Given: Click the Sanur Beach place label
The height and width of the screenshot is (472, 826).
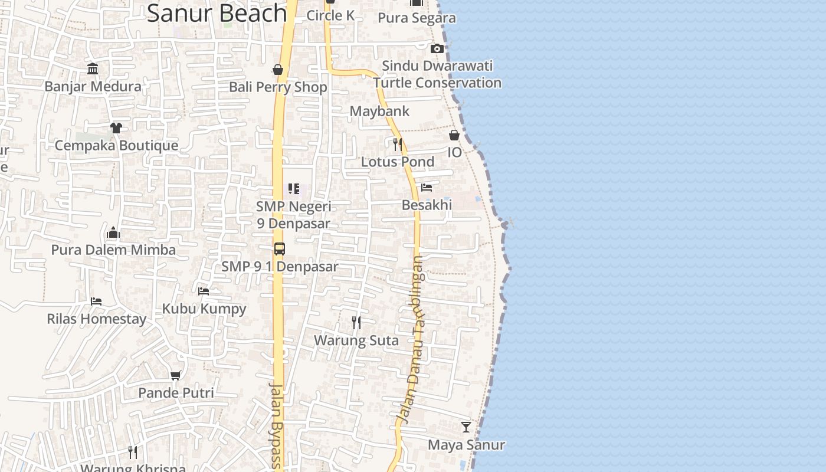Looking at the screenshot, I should (x=217, y=13).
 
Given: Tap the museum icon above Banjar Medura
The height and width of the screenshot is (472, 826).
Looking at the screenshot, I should (x=93, y=69).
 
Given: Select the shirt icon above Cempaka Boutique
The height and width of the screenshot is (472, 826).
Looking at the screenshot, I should (x=116, y=127).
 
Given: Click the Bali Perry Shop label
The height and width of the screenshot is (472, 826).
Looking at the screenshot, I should (x=278, y=87).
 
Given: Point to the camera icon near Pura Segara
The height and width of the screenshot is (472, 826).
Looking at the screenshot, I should (x=437, y=48).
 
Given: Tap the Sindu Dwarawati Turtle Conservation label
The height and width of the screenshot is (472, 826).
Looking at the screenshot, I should (x=437, y=74).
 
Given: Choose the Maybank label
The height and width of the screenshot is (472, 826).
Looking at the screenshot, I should (x=379, y=111).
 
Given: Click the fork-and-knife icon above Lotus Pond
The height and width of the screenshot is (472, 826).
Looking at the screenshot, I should (x=398, y=144).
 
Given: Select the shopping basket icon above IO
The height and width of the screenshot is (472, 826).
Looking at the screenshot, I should (x=454, y=135).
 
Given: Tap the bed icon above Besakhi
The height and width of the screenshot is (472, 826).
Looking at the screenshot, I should (x=427, y=188).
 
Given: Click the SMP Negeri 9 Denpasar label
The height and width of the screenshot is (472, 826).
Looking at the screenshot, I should (x=294, y=215).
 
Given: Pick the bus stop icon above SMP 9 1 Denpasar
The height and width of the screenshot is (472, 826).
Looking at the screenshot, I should (x=280, y=248).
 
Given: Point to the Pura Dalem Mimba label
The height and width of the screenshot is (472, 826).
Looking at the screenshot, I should (x=113, y=250).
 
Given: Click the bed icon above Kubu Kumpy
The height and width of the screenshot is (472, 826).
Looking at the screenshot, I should (x=204, y=291).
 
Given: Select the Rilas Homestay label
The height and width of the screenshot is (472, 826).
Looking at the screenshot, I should (x=97, y=319).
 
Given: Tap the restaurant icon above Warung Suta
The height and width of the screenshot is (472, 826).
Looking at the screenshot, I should (x=356, y=322).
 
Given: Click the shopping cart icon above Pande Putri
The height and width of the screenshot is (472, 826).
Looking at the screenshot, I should (x=176, y=375).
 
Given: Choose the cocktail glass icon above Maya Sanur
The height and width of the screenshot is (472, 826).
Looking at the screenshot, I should (x=466, y=427).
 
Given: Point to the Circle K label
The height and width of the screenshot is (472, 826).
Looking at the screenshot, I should (x=330, y=15).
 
